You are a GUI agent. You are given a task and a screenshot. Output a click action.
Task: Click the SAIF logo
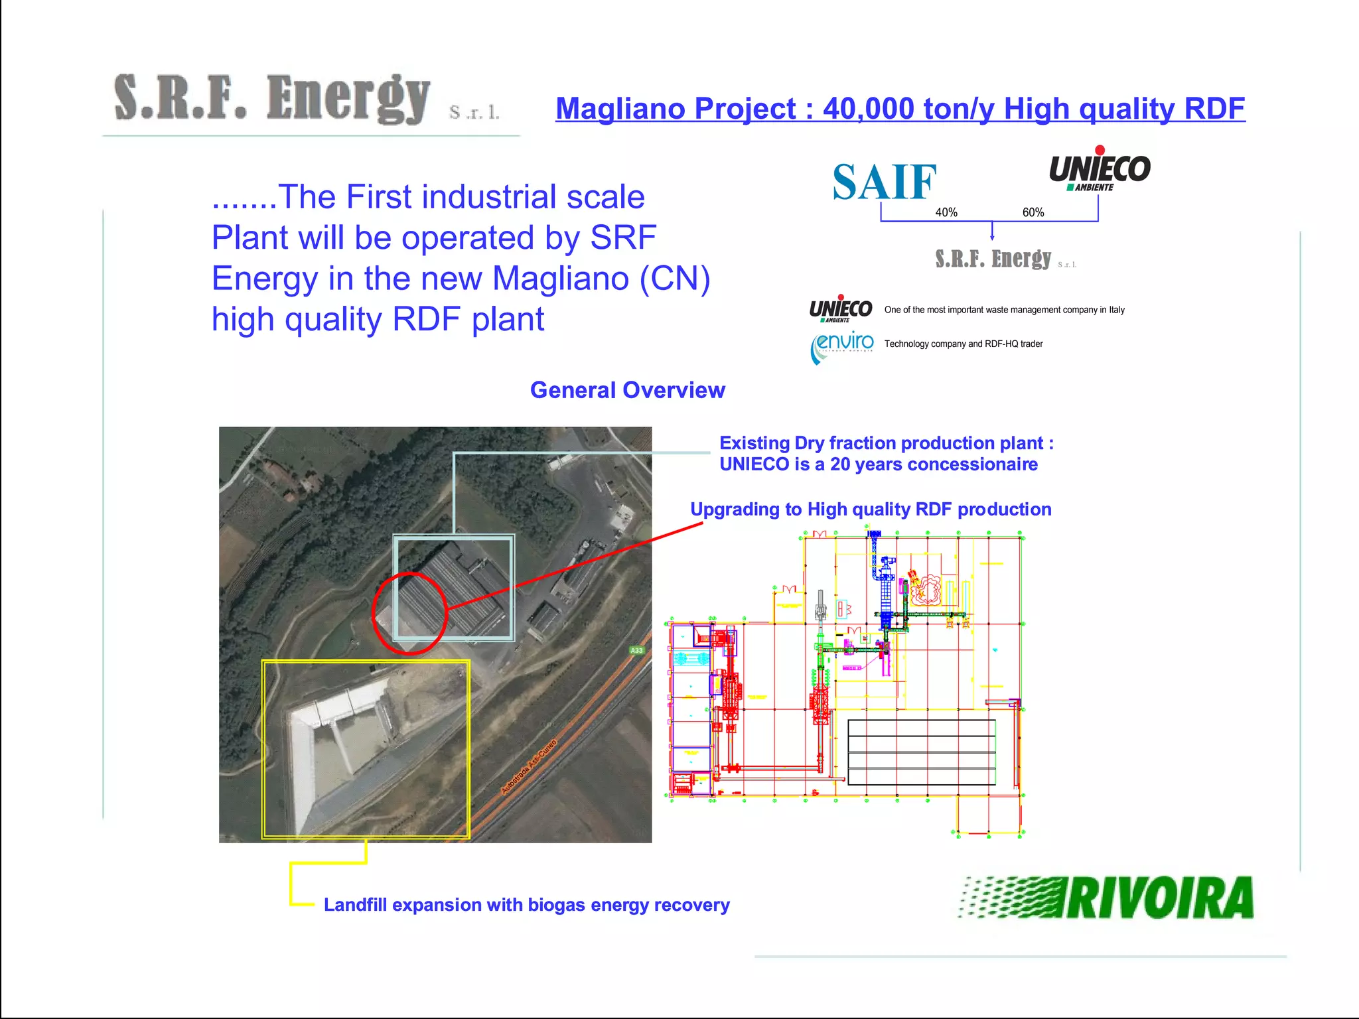pyautogui.click(x=884, y=182)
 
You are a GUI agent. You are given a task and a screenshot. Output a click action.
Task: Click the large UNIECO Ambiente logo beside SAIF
pyautogui.click(x=1100, y=170)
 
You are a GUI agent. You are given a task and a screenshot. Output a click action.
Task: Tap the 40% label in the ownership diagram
pyautogui.click(x=946, y=212)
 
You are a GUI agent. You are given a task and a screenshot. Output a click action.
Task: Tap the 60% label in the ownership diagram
pyautogui.click(x=1033, y=212)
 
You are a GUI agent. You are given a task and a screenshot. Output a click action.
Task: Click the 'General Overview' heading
pyautogui.click(x=627, y=390)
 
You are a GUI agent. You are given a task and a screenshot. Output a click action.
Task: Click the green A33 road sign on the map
pyautogui.click(x=636, y=650)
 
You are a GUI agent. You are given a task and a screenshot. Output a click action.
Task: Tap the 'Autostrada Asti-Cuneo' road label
pyautogui.click(x=528, y=767)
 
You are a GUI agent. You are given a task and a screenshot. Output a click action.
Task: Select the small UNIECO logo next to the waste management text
pyautogui.click(x=841, y=309)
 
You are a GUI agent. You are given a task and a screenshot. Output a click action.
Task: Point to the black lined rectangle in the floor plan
pyautogui.click(x=922, y=752)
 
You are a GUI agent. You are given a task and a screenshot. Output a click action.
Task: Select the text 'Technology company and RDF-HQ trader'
pyautogui.click(x=963, y=344)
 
